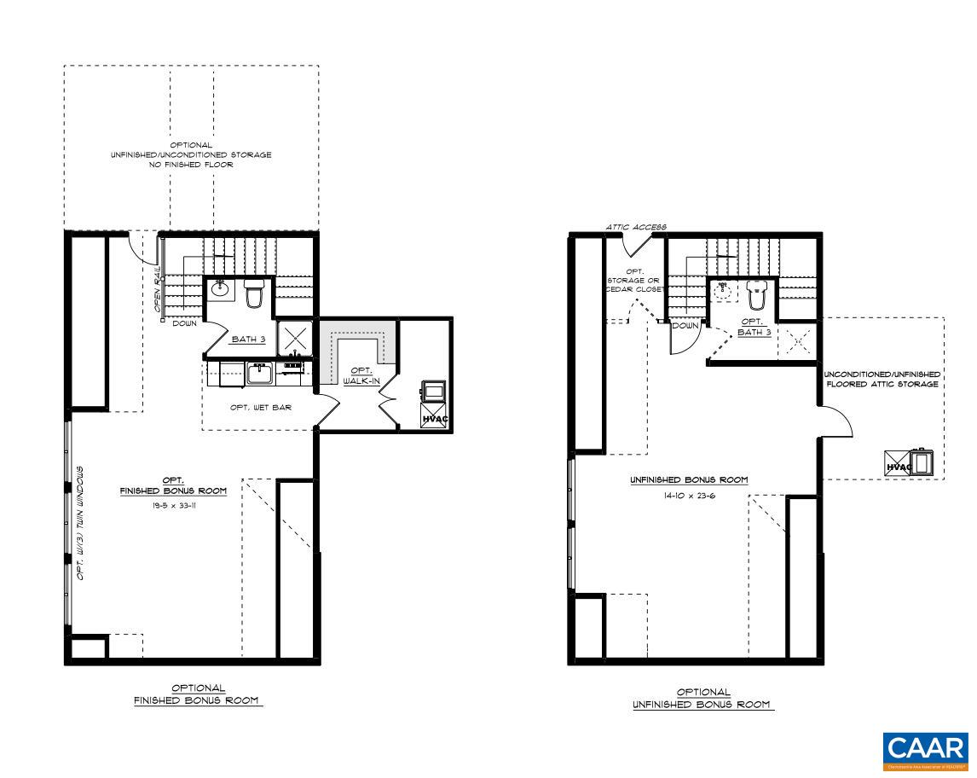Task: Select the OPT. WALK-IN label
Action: point(357,376)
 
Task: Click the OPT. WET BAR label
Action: point(261,408)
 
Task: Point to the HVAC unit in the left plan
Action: point(434,416)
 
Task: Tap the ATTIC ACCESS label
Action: point(636,227)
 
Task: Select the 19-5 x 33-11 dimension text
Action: point(172,505)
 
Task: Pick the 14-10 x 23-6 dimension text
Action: point(689,495)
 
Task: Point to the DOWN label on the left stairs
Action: point(185,323)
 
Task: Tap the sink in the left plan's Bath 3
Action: point(220,289)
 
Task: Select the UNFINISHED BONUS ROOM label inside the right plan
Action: point(689,480)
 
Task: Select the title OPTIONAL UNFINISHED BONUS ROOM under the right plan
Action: point(702,699)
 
